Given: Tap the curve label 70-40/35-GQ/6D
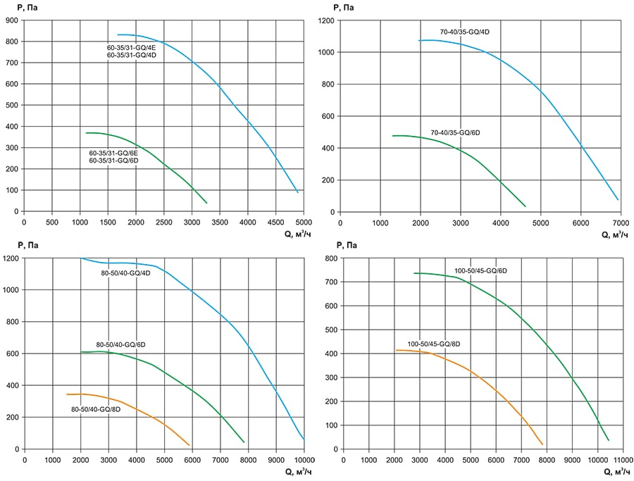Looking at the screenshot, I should point(455,132).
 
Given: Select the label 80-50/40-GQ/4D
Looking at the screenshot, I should point(126,273).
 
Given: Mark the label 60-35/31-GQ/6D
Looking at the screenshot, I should point(113,161).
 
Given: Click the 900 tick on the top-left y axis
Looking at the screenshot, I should point(12,20).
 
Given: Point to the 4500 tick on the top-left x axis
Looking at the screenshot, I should point(275,222).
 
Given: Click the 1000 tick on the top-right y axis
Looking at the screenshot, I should point(325,52).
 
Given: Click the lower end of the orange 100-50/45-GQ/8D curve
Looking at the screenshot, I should point(543,444).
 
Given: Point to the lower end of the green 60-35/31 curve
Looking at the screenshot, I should point(207,203).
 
